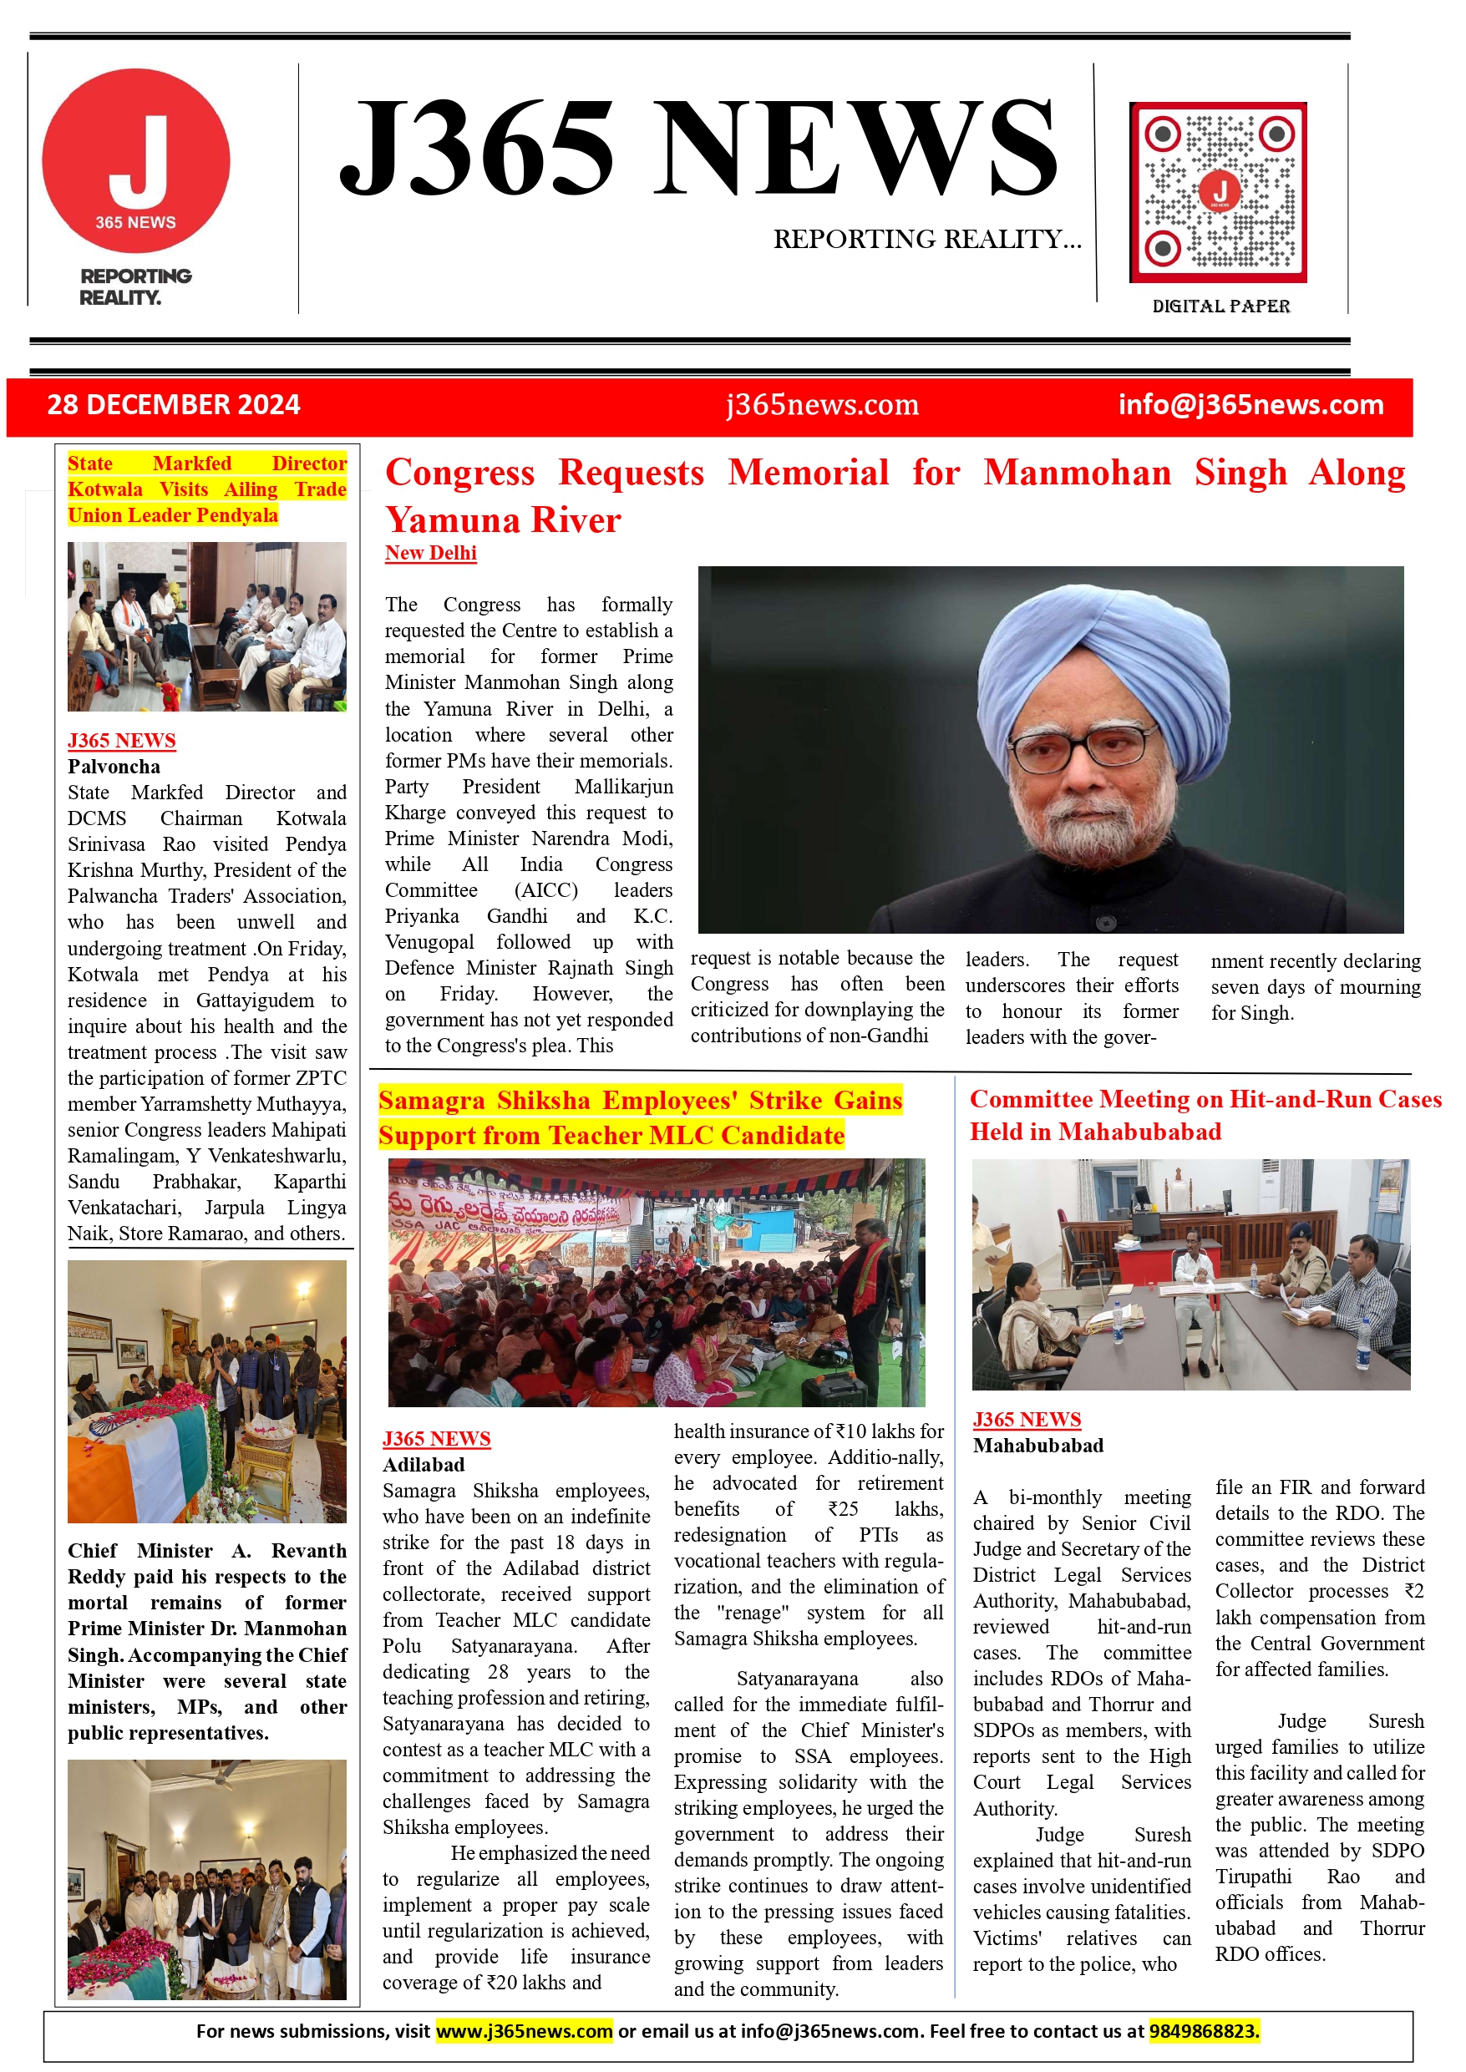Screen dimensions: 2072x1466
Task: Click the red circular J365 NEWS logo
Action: pos(135,160)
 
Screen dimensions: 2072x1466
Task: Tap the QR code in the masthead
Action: pos(1218,192)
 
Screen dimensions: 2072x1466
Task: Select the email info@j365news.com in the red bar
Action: pos(1250,404)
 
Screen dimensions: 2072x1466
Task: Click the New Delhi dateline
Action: pos(430,553)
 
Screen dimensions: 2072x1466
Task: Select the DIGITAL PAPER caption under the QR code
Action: pos(1220,306)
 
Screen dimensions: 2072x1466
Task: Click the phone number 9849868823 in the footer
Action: pos(1204,2031)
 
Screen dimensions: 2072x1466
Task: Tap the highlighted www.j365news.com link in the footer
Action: pos(524,2031)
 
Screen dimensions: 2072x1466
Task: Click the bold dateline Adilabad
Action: pos(424,1465)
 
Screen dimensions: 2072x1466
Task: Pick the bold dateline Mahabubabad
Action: pos(1038,1446)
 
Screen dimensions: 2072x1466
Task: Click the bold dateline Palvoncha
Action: pos(114,767)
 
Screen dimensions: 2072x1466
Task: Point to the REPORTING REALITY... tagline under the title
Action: pos(927,239)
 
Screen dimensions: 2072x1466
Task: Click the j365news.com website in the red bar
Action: pos(822,404)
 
